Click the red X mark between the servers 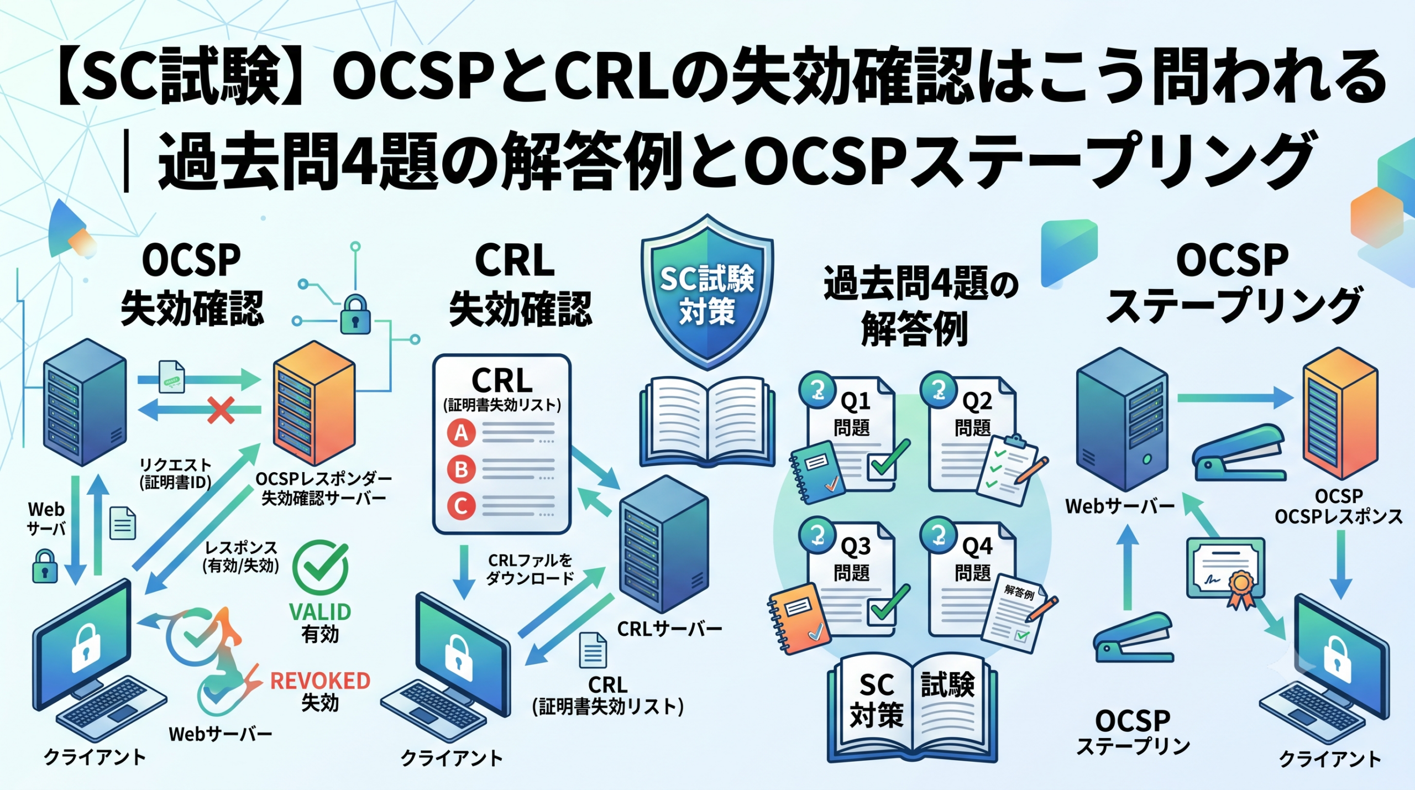[221, 410]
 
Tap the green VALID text [320, 612]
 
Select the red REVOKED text [320, 681]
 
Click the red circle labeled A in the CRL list [462, 433]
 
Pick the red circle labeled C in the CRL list [462, 506]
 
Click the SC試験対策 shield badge [707, 291]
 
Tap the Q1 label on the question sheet [855, 401]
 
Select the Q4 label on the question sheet [977, 546]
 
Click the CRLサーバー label [669, 629]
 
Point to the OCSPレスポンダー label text [324, 479]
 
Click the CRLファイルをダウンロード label [530, 569]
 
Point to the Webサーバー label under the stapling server [1120, 506]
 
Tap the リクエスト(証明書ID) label [175, 474]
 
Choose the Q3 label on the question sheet [855, 546]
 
